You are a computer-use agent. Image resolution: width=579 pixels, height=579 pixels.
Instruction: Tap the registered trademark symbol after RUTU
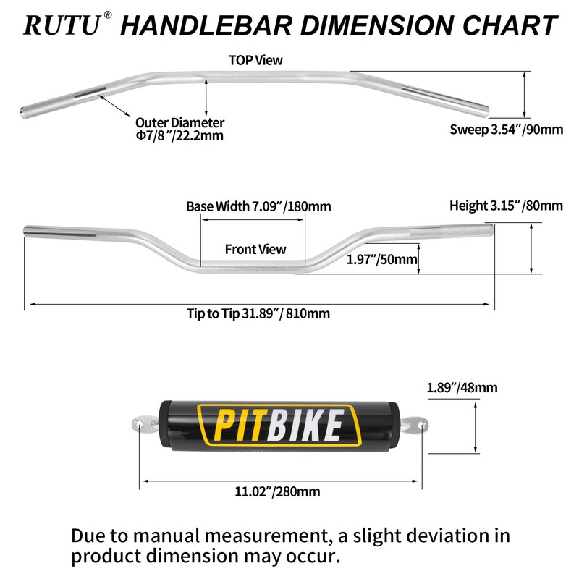click(108, 15)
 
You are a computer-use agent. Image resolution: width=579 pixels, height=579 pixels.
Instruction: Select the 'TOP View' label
click(255, 60)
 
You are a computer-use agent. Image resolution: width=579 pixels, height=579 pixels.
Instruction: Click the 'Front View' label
click(255, 249)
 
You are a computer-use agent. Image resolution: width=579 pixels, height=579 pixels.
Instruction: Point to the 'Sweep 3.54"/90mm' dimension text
click(506, 130)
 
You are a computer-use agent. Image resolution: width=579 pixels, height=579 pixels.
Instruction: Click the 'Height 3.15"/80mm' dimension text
click(506, 206)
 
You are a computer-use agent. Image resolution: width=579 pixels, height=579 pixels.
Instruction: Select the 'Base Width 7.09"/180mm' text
click(258, 206)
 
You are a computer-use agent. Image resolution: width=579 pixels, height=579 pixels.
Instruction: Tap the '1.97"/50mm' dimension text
click(381, 259)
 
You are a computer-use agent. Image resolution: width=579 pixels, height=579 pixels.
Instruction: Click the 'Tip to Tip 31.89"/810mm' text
click(258, 313)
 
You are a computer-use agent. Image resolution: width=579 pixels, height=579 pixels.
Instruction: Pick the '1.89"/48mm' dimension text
click(462, 387)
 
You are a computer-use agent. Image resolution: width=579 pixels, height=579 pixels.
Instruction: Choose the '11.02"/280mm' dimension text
click(277, 492)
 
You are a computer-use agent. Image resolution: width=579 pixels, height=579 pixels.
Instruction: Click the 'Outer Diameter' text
click(179, 123)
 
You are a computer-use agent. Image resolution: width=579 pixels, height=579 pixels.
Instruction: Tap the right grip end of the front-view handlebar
click(488, 229)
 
